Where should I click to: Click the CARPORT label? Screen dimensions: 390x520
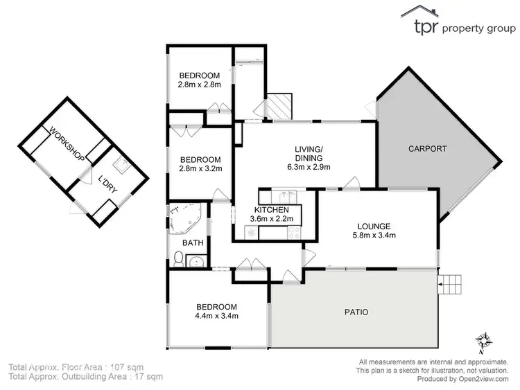pos(427,148)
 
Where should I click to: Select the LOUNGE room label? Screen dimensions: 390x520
pos(374,226)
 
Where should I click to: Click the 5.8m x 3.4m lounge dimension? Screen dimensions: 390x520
pos(374,236)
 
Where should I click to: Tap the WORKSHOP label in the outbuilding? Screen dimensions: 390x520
pos(66,141)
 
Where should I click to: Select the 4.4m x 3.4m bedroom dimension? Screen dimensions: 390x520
pos(216,317)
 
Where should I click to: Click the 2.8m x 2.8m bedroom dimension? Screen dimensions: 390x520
pos(199,85)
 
